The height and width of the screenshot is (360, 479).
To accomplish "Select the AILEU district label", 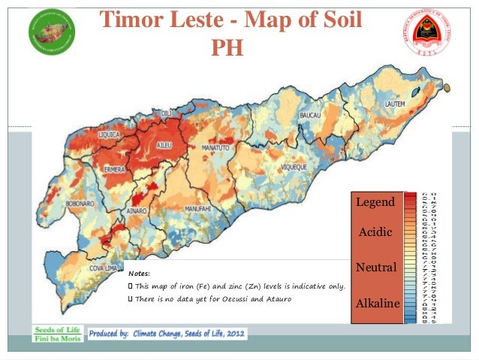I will click(167, 143).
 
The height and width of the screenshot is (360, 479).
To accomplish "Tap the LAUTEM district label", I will click(397, 103).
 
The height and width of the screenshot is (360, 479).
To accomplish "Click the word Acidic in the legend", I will click(375, 232).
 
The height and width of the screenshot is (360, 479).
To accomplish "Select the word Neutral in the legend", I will click(375, 268).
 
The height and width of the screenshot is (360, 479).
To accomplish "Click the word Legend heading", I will click(375, 202).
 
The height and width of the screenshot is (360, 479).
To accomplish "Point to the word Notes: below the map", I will click(140, 274).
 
